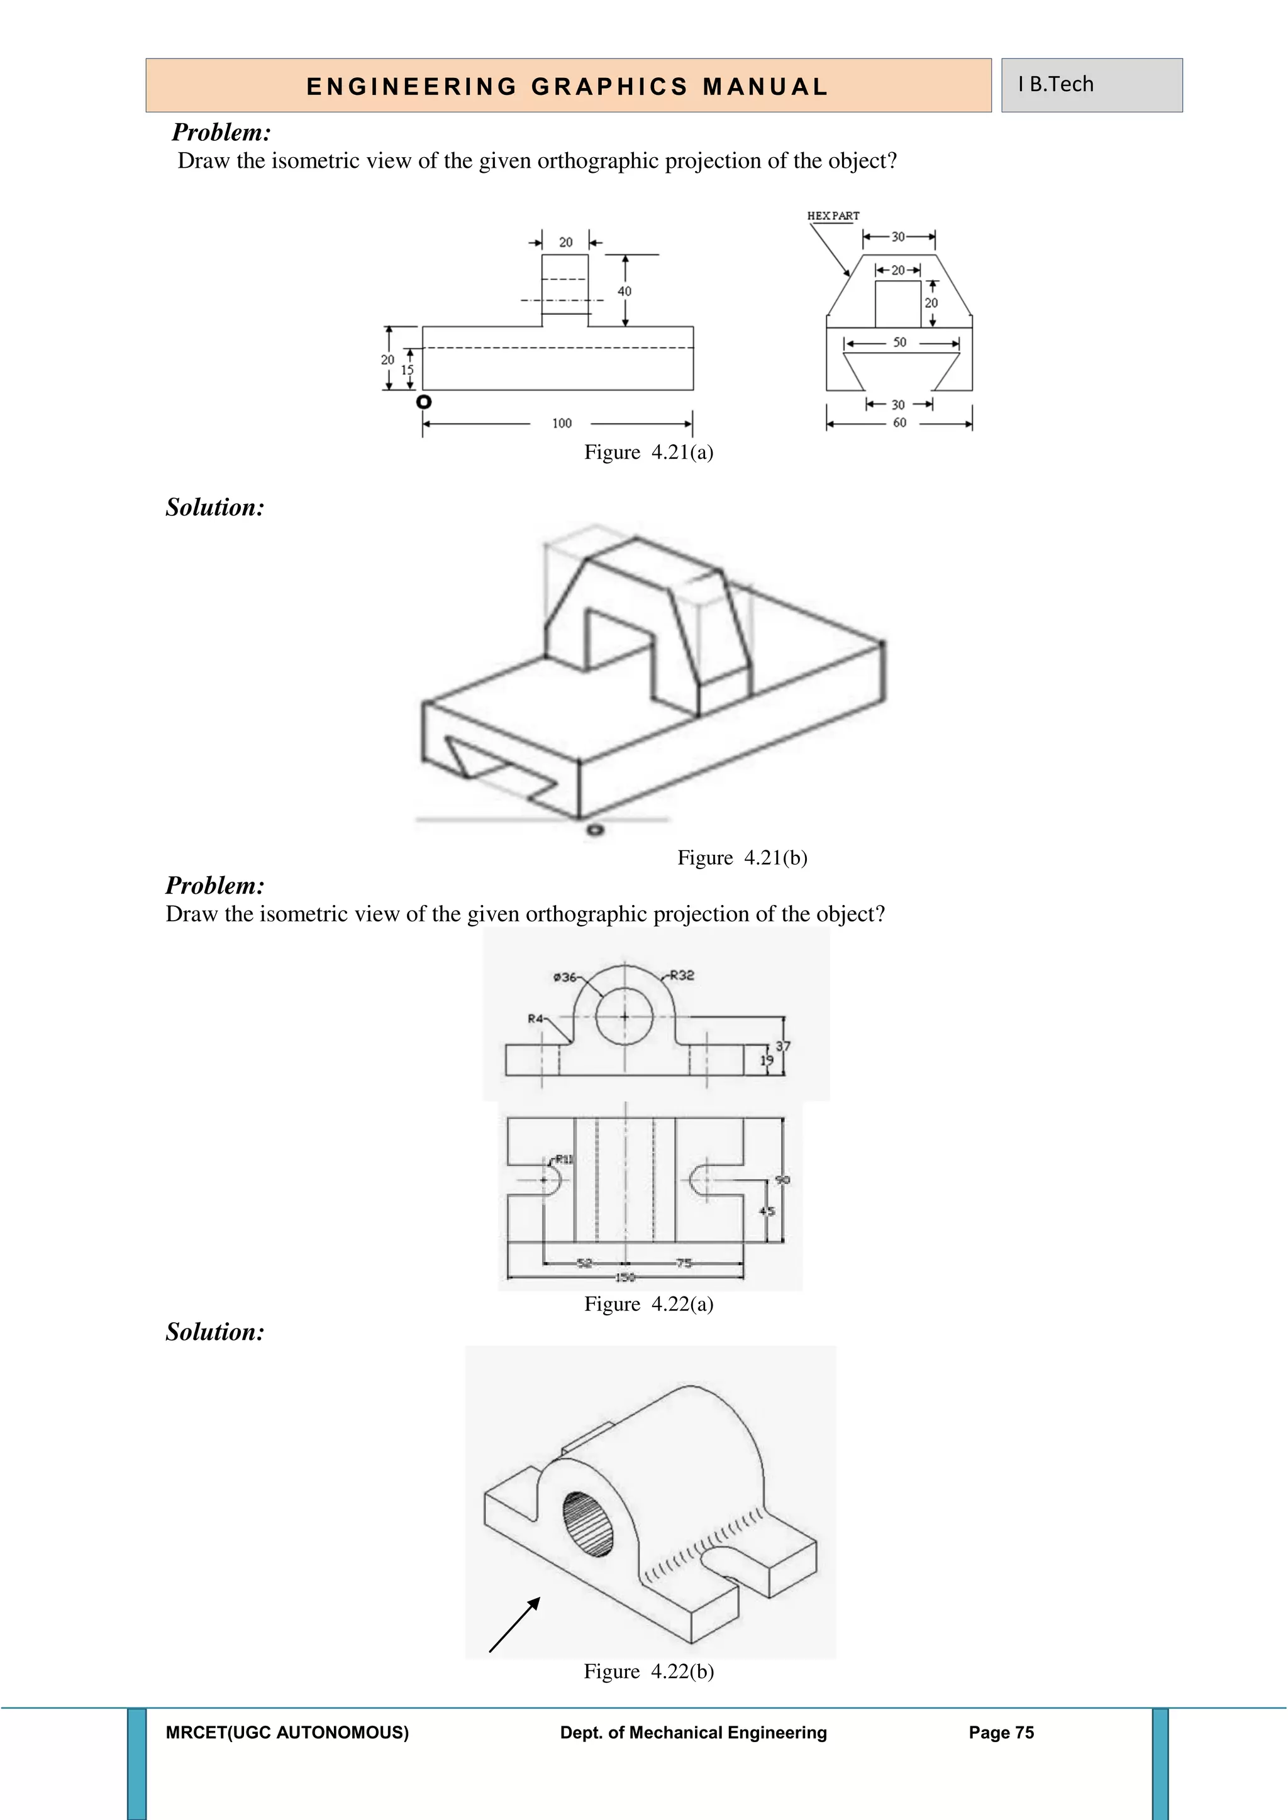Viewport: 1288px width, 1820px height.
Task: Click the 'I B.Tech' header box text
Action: (x=1056, y=84)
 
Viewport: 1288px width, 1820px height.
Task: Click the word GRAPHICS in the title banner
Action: (x=609, y=86)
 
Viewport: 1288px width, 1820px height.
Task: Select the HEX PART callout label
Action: (x=833, y=216)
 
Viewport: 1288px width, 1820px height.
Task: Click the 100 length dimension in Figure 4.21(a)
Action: (x=562, y=424)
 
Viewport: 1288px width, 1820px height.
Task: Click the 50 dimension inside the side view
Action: (x=899, y=343)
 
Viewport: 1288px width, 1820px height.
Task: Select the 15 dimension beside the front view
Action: (x=407, y=370)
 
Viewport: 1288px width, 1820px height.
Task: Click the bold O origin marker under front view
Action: (x=425, y=402)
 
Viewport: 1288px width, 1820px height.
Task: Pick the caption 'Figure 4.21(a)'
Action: (x=648, y=452)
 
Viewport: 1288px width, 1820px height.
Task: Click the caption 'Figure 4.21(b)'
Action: (x=741, y=858)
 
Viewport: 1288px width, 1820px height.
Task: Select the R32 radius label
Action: (x=681, y=976)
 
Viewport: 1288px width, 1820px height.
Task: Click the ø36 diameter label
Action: (x=565, y=977)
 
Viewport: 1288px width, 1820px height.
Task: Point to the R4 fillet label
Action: (x=535, y=1018)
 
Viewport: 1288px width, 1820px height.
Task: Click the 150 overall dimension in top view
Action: (x=625, y=1277)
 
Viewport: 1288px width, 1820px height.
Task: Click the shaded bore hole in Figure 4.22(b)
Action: (x=587, y=1523)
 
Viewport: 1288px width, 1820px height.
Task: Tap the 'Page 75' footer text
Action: (x=1001, y=1733)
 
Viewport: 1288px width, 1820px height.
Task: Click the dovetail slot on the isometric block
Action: (x=499, y=767)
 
